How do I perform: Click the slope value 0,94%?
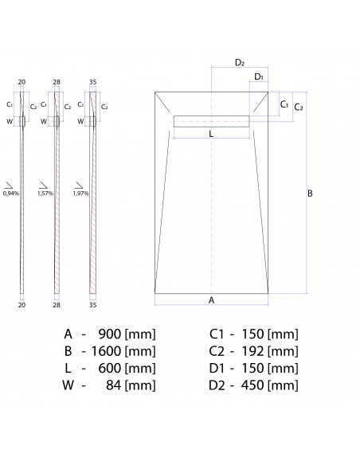[10, 193]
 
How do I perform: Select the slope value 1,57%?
[45, 193]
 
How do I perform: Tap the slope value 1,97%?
[80, 193]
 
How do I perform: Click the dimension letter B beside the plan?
[311, 193]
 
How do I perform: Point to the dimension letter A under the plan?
[211, 300]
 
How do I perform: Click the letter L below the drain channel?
[211, 134]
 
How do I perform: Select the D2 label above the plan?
[239, 62]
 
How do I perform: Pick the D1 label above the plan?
[259, 76]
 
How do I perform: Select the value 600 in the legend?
[109, 368]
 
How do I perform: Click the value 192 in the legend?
[252, 350]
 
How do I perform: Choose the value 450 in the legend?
[252, 385]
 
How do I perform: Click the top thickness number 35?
[92, 82]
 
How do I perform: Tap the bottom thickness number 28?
[57, 304]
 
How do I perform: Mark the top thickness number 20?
[22, 82]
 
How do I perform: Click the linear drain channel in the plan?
[211, 121]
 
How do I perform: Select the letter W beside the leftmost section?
[10, 121]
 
